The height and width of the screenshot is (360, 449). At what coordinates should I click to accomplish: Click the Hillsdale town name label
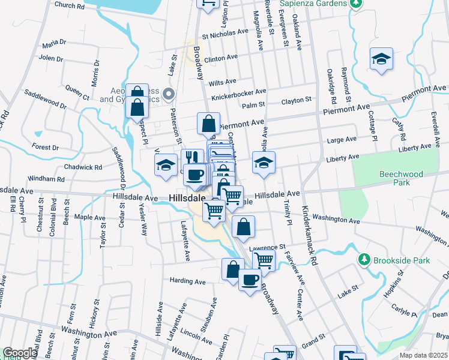187,197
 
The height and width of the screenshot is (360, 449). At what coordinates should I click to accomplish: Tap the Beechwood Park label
401,178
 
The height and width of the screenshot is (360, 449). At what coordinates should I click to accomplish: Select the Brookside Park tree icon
363,260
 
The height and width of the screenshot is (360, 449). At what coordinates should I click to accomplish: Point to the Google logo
20,353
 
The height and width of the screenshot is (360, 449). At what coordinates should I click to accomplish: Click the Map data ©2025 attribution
424,355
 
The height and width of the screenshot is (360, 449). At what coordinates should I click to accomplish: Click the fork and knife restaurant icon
192,158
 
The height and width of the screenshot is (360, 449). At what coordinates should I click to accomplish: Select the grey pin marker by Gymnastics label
169,94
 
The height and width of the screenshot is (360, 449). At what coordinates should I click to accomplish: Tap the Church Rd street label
69,5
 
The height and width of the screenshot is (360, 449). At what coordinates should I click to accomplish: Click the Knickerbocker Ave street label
238,95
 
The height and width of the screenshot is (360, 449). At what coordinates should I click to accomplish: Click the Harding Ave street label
187,281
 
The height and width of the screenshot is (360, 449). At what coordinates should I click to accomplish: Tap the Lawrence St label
267,247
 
